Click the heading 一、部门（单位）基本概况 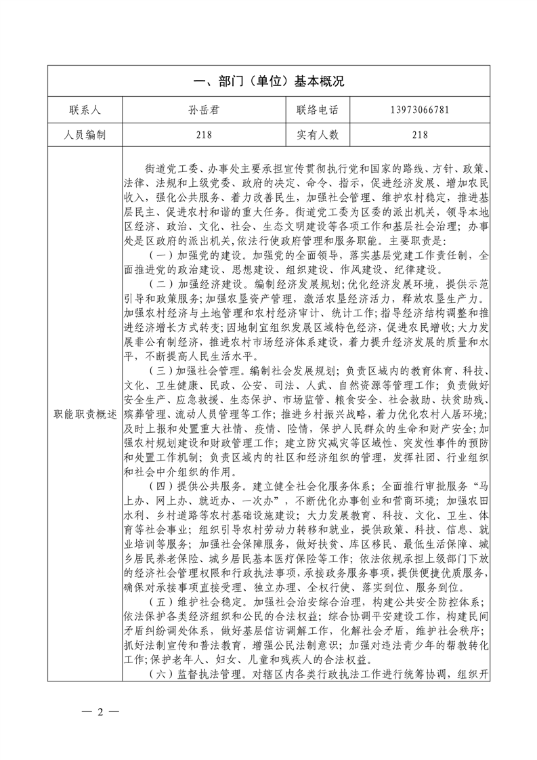click(x=269, y=82)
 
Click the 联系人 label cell click(x=85, y=110)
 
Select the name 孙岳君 click(x=205, y=110)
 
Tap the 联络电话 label click(x=317, y=110)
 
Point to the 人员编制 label click(x=85, y=135)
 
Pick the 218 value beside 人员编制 click(x=205, y=135)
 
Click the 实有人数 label click(x=317, y=135)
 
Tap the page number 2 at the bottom click(x=100, y=712)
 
